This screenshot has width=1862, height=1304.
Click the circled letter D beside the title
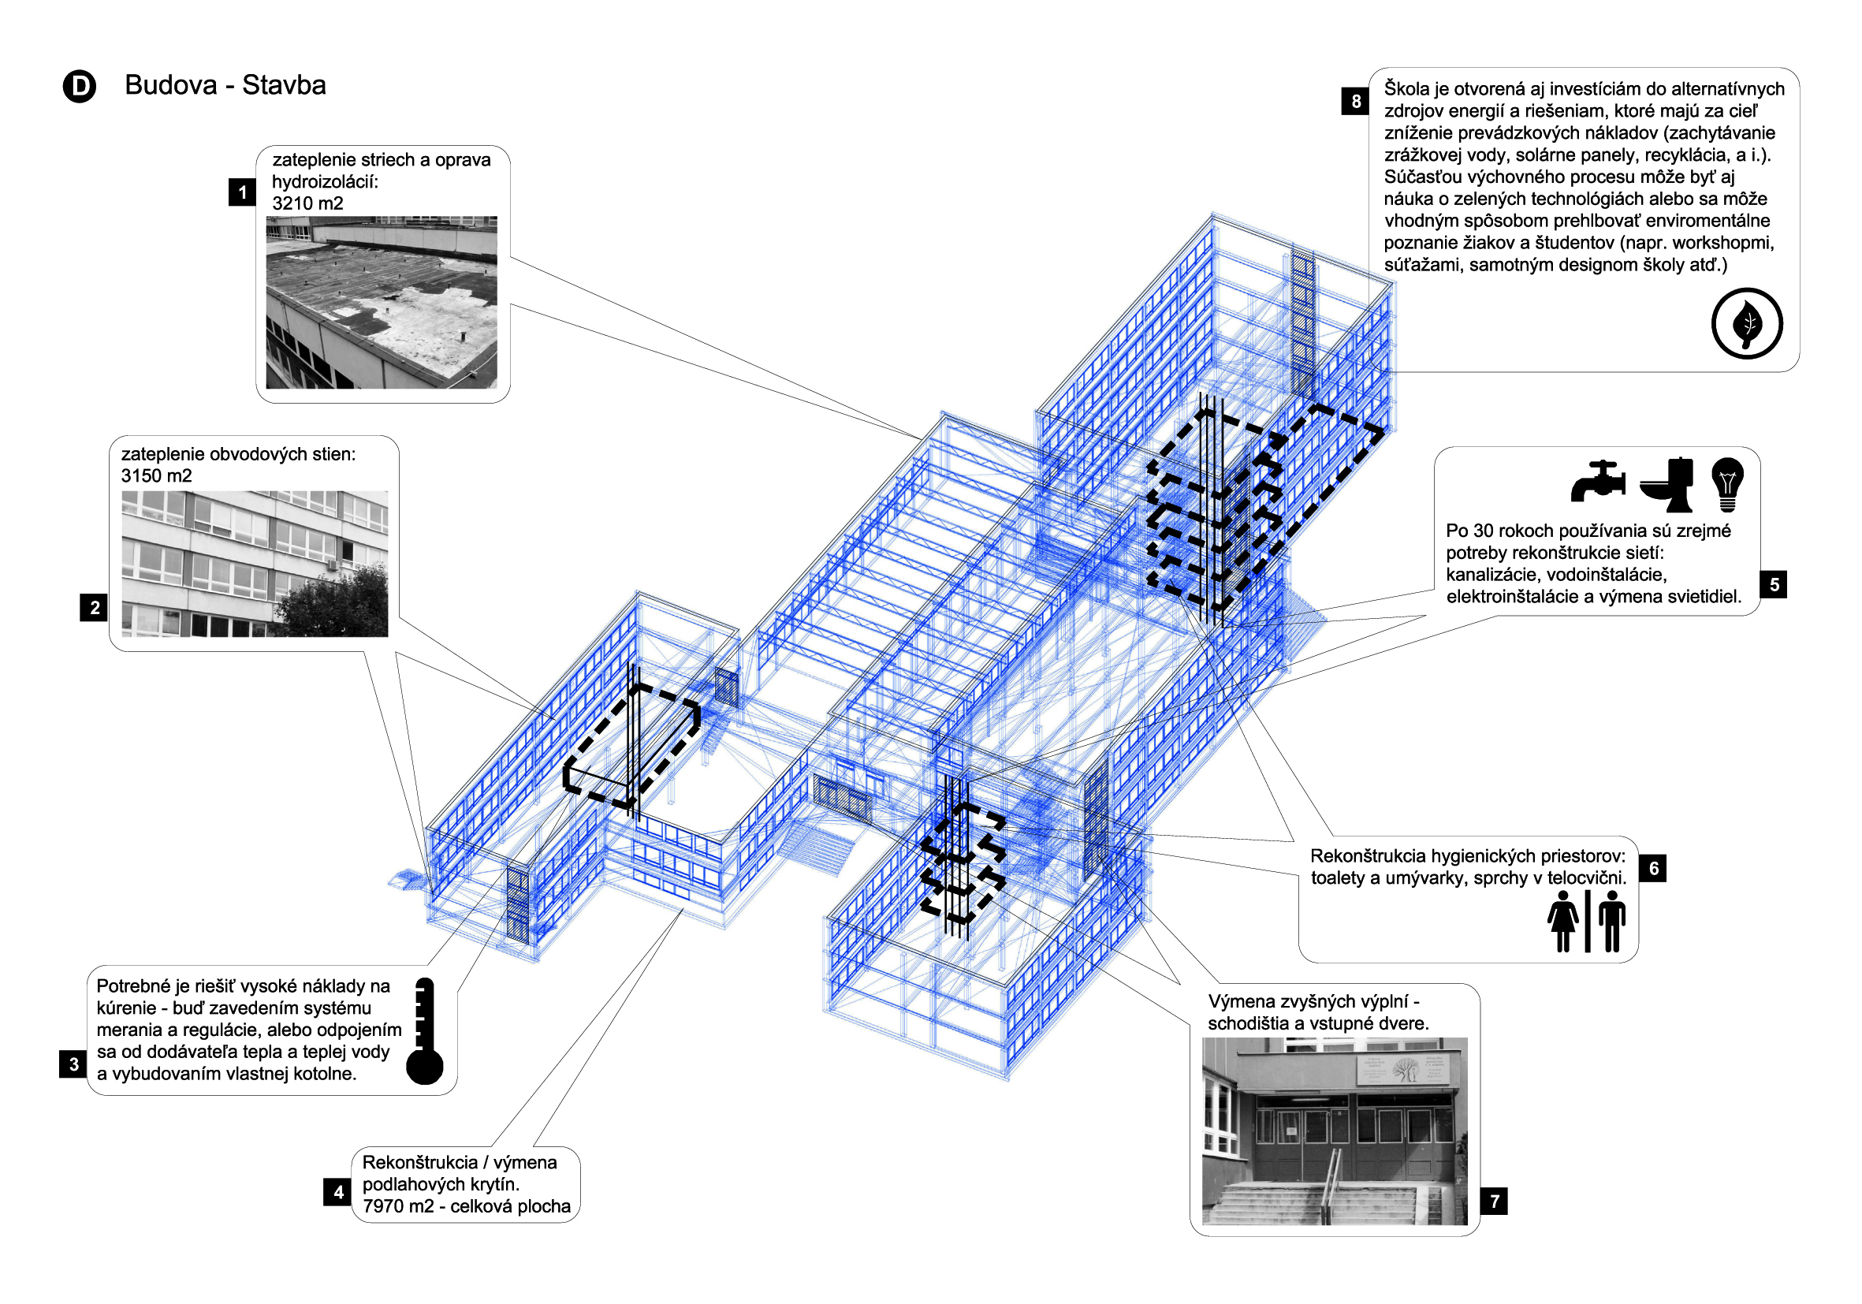[x=80, y=86]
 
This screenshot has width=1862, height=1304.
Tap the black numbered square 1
[x=242, y=193]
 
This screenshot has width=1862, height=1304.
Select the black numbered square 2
[x=94, y=607]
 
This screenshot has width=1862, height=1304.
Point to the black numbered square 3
[x=73, y=1064]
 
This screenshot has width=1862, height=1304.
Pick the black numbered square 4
[x=337, y=1192]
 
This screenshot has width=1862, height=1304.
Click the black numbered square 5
[x=1774, y=585]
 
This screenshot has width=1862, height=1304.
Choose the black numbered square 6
[x=1653, y=869]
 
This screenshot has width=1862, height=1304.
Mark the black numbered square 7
[x=1494, y=1201]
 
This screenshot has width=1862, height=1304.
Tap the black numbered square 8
[x=1355, y=102]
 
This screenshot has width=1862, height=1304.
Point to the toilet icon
[x=1667, y=485]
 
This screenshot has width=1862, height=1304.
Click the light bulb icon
[x=1727, y=484]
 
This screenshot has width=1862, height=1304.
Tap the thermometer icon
[x=424, y=1031]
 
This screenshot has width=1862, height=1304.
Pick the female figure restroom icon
[x=1562, y=921]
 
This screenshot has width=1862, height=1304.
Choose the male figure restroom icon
[x=1611, y=921]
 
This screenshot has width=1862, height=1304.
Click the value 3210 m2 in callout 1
[x=307, y=203]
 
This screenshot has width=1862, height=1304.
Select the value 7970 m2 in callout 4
[x=398, y=1207]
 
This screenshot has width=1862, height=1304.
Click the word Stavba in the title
[x=284, y=85]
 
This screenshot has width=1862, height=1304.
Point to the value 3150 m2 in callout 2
[x=157, y=476]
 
